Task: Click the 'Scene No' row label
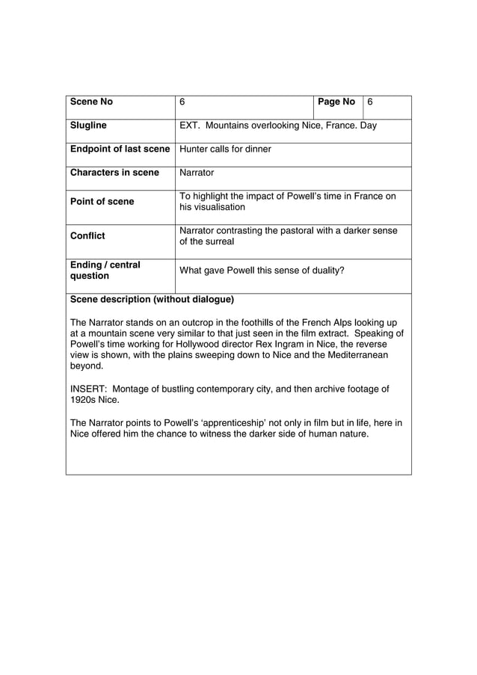[x=91, y=102]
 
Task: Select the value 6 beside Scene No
[x=182, y=102]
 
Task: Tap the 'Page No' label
[x=336, y=102]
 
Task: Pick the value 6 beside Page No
[x=369, y=102]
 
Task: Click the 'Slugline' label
[x=88, y=126]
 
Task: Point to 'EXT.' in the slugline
[x=189, y=126]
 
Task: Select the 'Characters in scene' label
[x=114, y=173]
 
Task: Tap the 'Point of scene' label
[x=102, y=202]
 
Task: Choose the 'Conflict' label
[x=87, y=236]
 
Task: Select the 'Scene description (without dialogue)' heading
[x=152, y=300]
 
